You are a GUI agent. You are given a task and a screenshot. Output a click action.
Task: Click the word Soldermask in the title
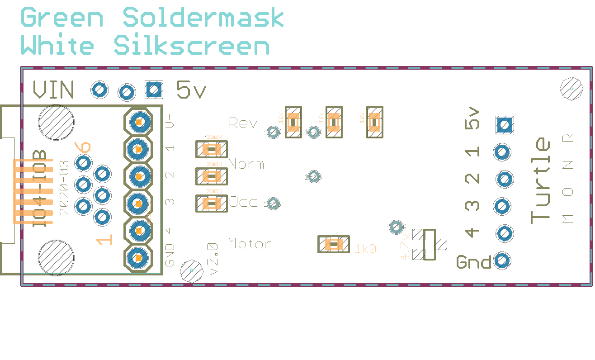tap(203, 18)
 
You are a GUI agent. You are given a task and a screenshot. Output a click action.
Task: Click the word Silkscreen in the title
tap(192, 46)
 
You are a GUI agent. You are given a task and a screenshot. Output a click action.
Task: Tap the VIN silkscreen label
tap(53, 90)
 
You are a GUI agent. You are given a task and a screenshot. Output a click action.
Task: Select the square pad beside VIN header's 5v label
tap(154, 90)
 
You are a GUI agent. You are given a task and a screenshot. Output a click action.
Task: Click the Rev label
tap(243, 123)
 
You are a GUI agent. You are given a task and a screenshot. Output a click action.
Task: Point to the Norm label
tap(246, 164)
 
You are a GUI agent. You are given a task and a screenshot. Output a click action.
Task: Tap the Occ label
tap(243, 202)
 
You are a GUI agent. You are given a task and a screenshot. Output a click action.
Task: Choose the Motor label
tap(250, 244)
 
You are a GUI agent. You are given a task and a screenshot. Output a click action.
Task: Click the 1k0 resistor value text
tap(365, 249)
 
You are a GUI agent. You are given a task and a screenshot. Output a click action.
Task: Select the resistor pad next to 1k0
tap(334, 245)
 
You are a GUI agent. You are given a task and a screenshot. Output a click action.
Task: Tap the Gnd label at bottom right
tap(473, 262)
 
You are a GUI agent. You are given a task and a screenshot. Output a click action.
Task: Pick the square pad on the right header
tap(505, 124)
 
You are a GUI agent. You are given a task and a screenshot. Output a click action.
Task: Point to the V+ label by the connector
tap(170, 122)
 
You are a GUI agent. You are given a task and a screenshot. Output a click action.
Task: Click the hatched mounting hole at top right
tap(571, 88)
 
